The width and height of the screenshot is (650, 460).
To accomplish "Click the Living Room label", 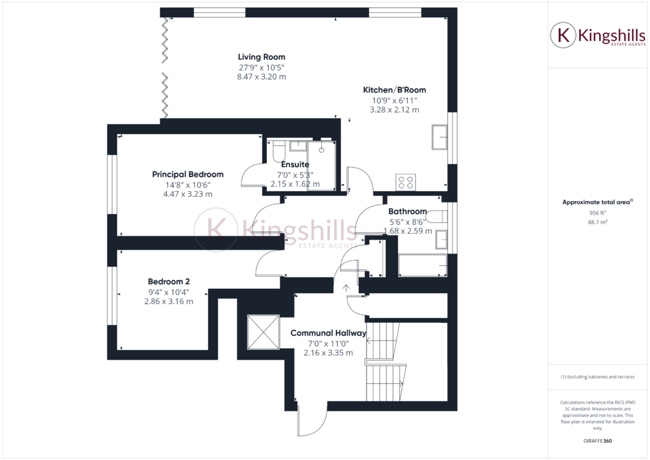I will tap(261, 57).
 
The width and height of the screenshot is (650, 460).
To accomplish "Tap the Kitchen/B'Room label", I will tap(394, 90).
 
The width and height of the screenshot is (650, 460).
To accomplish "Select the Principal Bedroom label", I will tap(188, 174).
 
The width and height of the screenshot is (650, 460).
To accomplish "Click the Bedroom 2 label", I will tap(169, 281).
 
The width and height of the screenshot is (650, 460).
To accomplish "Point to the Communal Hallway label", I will tap(328, 333).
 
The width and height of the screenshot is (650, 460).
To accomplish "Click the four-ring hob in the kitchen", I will tap(406, 182).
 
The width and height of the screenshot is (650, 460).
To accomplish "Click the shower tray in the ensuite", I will tap(321, 165).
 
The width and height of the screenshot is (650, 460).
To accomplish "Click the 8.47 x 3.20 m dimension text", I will tap(261, 77).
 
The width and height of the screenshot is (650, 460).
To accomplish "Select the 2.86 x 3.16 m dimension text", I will tap(169, 302).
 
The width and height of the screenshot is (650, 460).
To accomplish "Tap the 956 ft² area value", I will tap(597, 213).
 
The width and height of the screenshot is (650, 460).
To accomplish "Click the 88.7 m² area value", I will tap(597, 222).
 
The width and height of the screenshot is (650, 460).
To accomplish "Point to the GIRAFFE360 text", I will tap(597, 441).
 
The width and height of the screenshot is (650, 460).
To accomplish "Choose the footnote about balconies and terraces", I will tap(597, 377).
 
